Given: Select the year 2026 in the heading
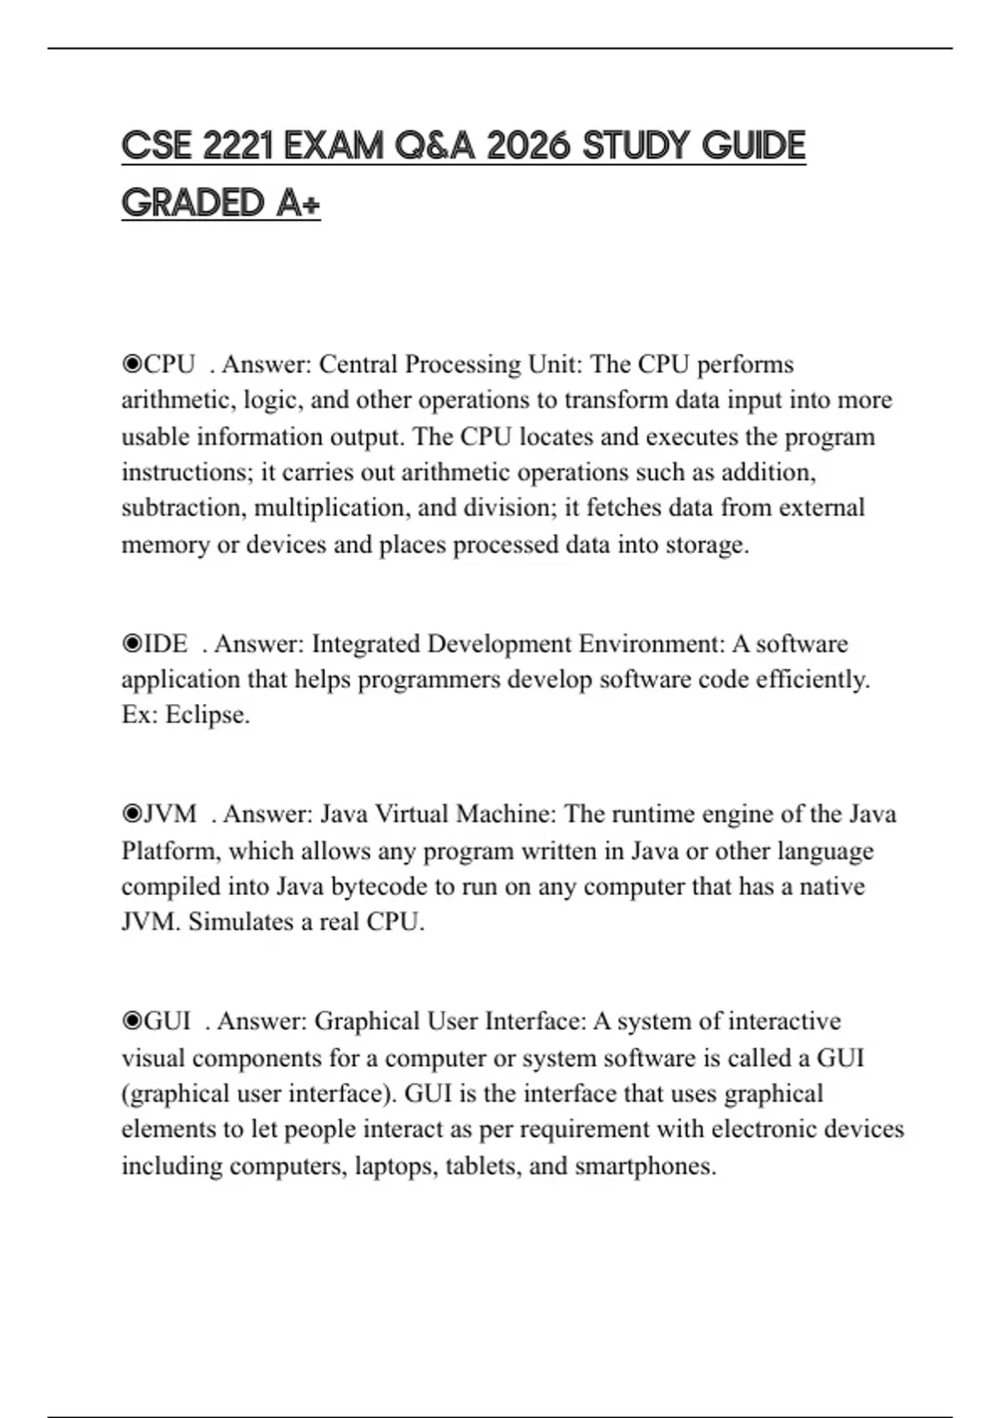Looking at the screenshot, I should [527, 146].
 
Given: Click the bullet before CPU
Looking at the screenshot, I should [132, 365].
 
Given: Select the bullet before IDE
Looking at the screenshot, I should [132, 644].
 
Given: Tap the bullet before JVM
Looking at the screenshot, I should [132, 814].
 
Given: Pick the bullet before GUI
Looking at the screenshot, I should [132, 1022].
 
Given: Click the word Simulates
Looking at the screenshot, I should [239, 922].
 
